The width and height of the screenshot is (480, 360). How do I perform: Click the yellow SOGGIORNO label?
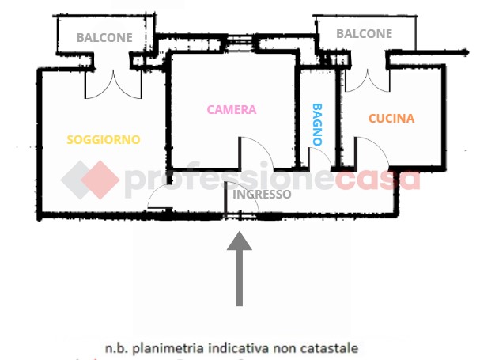(x=104, y=140)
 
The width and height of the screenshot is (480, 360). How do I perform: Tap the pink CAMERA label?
(x=232, y=110)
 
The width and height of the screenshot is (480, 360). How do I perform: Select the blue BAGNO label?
(x=317, y=124)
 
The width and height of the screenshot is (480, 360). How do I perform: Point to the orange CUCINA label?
(x=391, y=119)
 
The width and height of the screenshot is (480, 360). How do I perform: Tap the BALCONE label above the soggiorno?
(x=104, y=37)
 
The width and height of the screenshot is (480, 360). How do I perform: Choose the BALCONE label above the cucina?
(x=364, y=34)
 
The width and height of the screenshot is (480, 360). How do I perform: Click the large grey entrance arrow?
(x=240, y=269)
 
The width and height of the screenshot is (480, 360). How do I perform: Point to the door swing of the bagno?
(x=320, y=158)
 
